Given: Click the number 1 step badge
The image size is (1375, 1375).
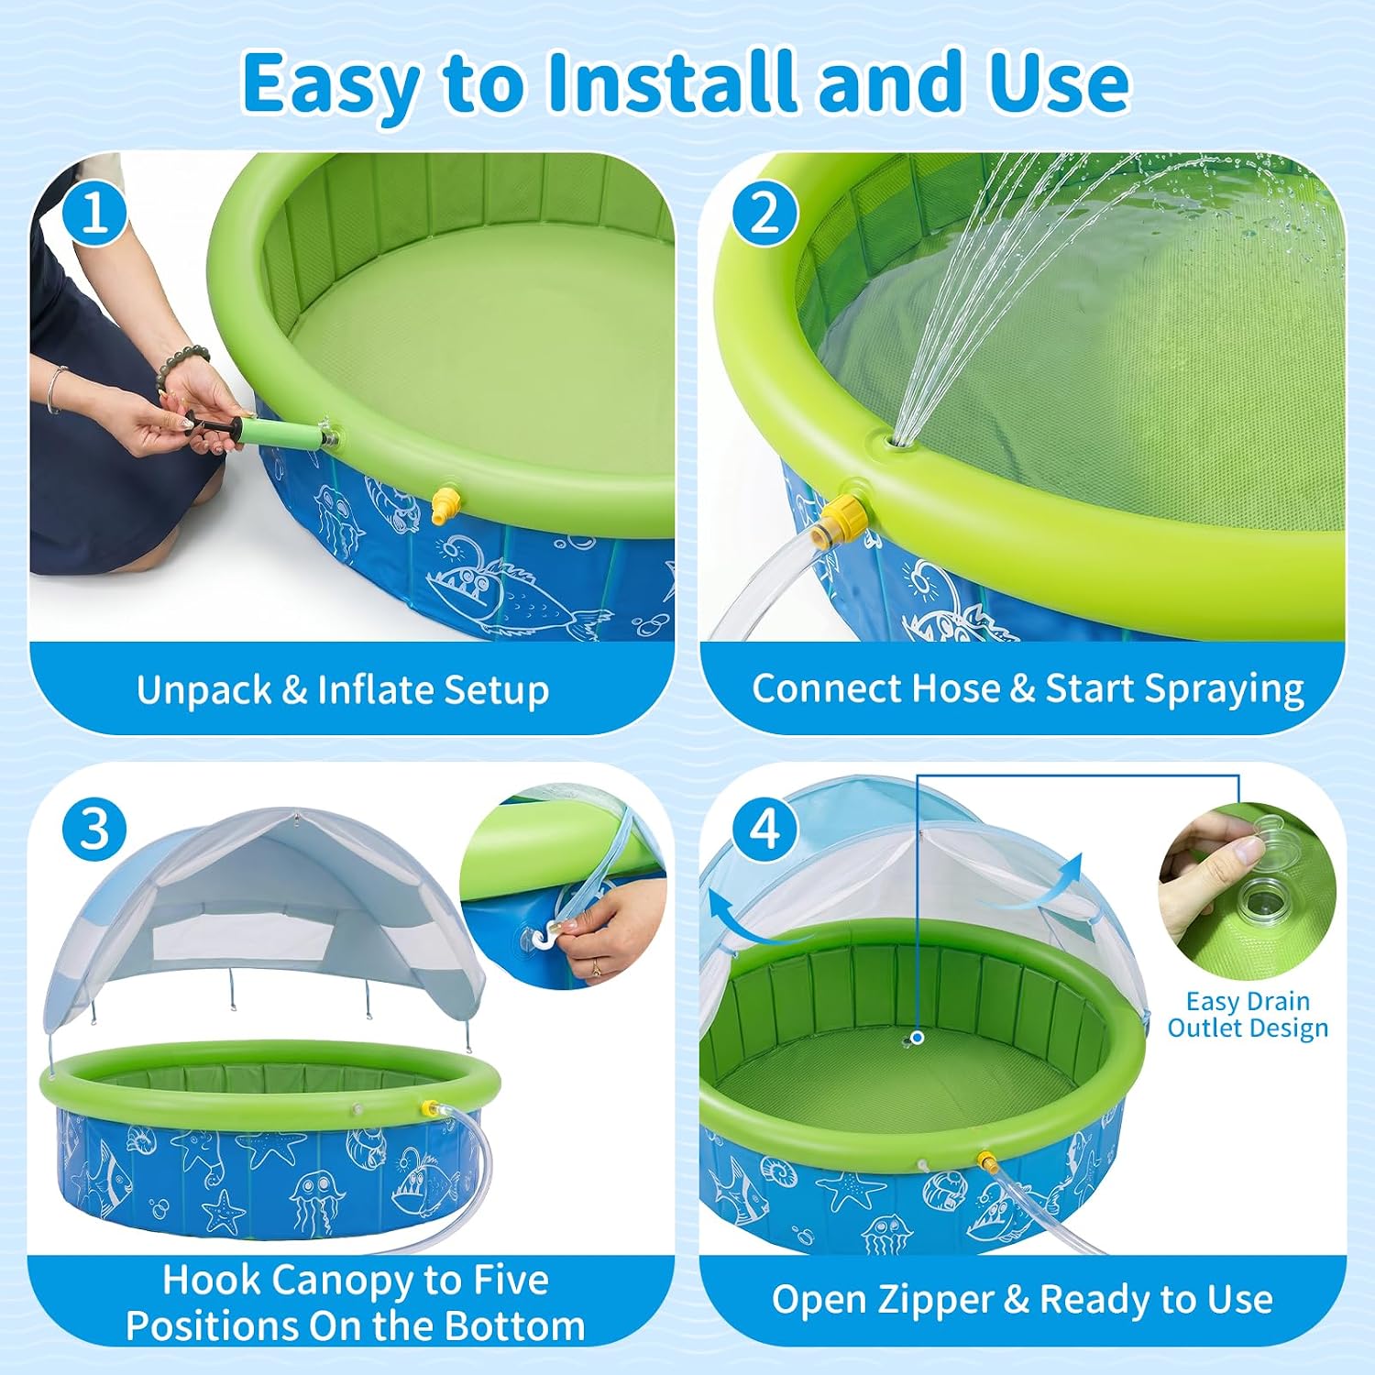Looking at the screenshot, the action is [x=94, y=214].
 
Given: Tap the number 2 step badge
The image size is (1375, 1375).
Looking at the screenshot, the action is [x=764, y=214].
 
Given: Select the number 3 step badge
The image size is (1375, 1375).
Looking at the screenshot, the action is [x=94, y=830].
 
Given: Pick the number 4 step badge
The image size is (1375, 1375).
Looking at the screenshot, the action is [x=764, y=830].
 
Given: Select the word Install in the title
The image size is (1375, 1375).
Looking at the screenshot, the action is [x=674, y=82].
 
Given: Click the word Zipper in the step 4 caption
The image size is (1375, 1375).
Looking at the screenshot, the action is [x=934, y=1299].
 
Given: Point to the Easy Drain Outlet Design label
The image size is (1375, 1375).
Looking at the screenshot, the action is [x=1248, y=1015].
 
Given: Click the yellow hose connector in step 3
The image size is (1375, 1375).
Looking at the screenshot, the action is [x=428, y=1108].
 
